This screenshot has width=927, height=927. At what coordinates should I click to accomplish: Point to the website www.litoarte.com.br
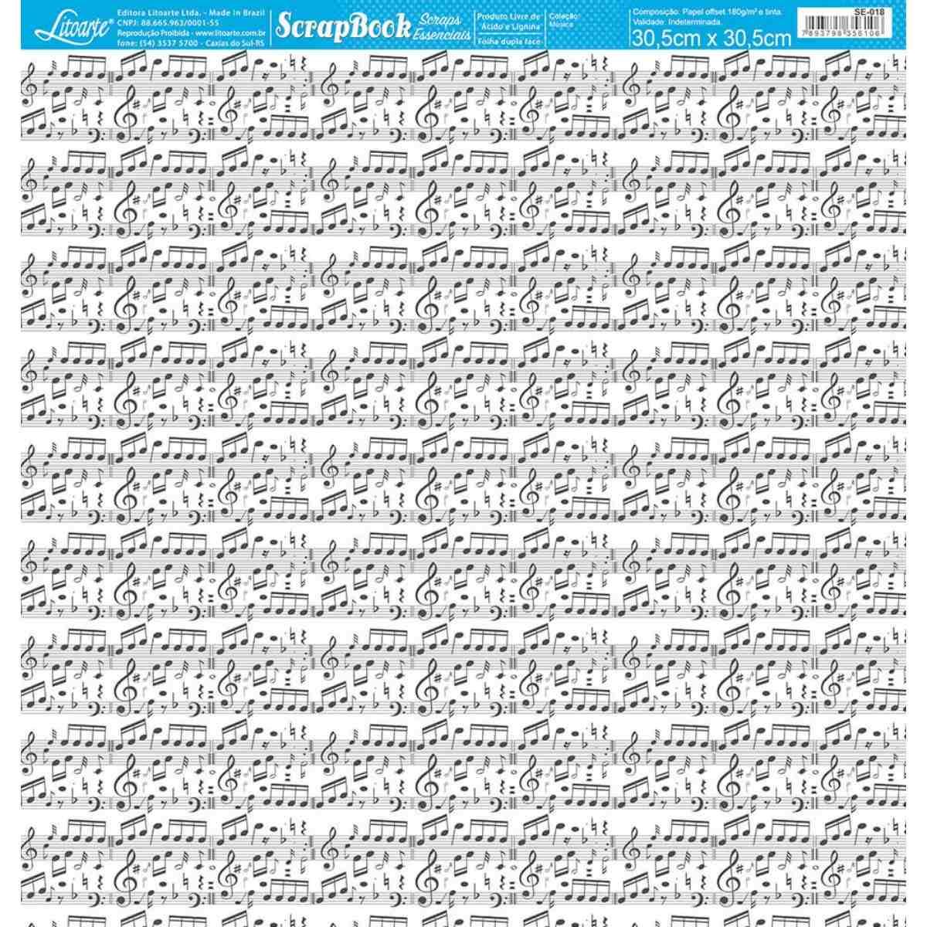pos(231,34)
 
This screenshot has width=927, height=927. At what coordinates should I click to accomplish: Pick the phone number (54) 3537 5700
pos(162,44)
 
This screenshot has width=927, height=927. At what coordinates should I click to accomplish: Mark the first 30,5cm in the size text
pos(664,39)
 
